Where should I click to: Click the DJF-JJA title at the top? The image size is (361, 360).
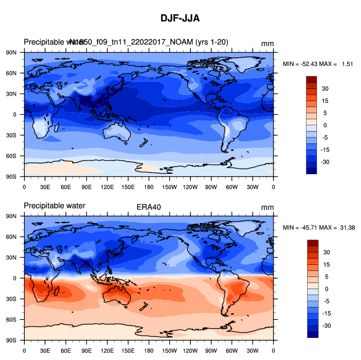180,18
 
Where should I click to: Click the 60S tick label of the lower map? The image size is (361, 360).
13,320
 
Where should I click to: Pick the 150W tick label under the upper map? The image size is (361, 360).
169,187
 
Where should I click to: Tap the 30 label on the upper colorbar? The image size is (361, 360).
325,88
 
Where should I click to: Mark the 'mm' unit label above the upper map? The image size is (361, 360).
267,43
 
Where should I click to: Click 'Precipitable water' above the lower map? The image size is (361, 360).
54,207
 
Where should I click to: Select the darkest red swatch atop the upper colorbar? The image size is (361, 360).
311,80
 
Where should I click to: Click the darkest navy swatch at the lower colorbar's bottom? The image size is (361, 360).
311,334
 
